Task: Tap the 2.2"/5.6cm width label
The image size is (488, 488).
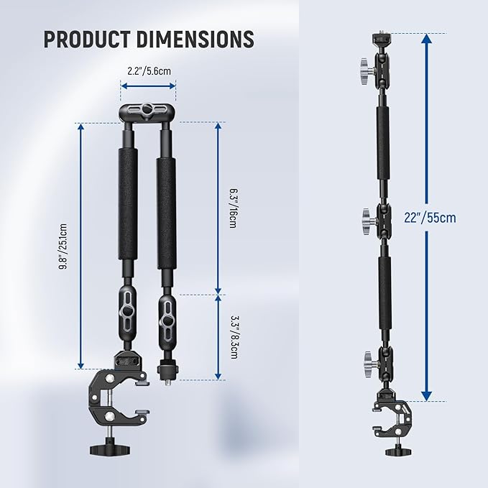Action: [148, 70]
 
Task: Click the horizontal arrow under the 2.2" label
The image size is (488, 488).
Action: [148, 86]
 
